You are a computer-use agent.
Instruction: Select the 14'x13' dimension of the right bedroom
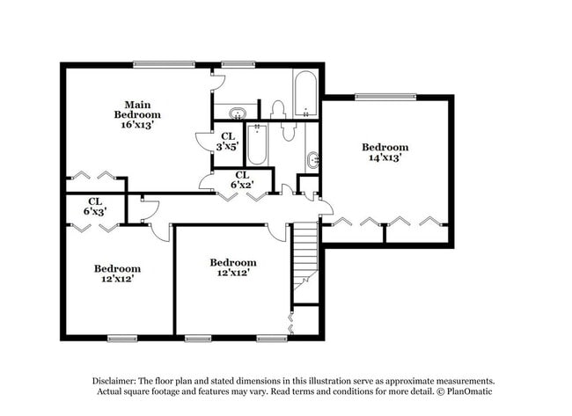point(385,157)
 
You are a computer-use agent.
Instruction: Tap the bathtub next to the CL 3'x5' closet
point(257,145)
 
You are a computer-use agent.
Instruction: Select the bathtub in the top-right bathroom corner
point(304,95)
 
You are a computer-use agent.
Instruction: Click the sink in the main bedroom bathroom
point(237,113)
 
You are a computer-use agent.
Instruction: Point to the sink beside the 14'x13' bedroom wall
point(313,161)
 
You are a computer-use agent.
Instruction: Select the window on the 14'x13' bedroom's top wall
point(385,96)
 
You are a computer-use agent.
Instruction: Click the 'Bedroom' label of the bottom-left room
point(117,268)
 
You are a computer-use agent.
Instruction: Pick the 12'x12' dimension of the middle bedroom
point(232,273)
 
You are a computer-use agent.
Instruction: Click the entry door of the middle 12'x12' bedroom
point(278,230)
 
